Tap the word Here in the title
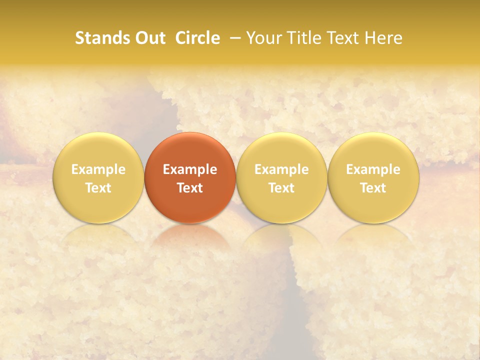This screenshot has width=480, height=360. (x=383, y=38)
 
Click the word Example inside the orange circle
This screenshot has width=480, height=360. (x=190, y=169)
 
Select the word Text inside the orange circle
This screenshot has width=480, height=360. (x=190, y=188)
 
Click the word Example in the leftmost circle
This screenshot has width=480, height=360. (x=98, y=169)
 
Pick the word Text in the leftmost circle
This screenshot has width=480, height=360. (x=98, y=188)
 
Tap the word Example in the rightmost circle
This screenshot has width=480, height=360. (x=373, y=169)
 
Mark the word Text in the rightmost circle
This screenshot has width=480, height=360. (x=373, y=188)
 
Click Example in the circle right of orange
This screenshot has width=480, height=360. (x=281, y=169)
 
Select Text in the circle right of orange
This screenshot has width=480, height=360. (x=281, y=188)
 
